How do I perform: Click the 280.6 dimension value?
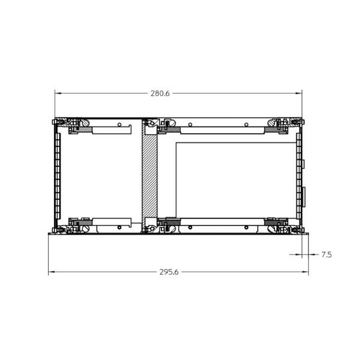[160, 94]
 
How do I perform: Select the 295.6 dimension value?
[169, 272]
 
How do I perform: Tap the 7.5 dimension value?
[326, 254]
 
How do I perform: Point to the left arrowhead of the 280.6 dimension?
[58, 93]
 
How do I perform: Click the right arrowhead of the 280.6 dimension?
[299, 93]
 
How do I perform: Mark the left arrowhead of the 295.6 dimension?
[51, 272]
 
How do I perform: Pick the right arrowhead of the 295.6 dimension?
[305, 272]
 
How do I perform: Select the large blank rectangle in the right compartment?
[236, 180]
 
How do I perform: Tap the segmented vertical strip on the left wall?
[58, 176]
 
